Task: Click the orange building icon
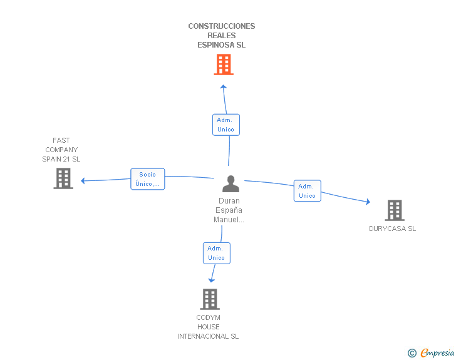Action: coord(224,64)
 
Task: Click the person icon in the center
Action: coord(231,184)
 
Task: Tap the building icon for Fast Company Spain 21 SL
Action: coord(63,178)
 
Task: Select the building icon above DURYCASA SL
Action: coord(395,210)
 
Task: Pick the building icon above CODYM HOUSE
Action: coord(210,299)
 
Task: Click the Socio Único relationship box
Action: coord(148,179)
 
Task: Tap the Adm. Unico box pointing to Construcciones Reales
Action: coord(226,125)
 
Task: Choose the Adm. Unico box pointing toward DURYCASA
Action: coord(308,191)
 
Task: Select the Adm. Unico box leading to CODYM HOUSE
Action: coord(217,254)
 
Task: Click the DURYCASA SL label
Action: coord(392,229)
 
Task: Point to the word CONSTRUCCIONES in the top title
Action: coord(222,26)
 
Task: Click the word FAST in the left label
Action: coord(61,140)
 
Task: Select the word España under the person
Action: coord(229,210)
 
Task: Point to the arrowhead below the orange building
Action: coord(224,86)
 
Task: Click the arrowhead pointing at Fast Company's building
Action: coord(83,181)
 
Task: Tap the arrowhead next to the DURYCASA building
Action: coord(368,202)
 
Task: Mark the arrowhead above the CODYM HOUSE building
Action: coord(212,280)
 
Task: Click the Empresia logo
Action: coord(431,352)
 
